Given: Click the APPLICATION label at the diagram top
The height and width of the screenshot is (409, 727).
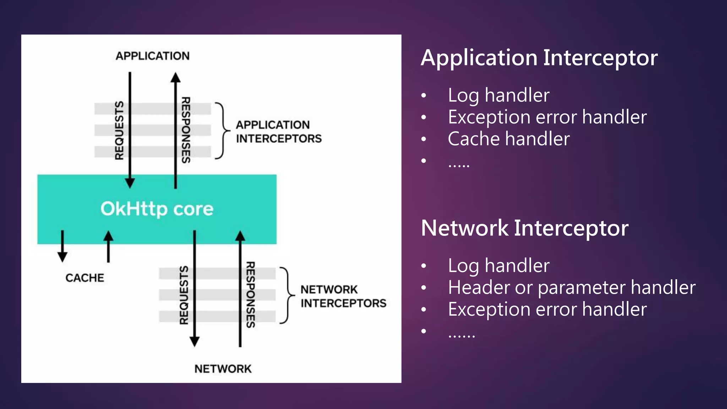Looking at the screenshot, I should coord(153,56).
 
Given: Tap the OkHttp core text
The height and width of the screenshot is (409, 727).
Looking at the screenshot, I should coord(157,209).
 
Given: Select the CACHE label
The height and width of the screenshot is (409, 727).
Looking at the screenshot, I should coord(85,278).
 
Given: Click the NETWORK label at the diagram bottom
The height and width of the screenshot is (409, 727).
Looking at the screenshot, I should coord(223,369).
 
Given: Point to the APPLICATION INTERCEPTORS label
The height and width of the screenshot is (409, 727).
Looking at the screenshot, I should coord(278,132).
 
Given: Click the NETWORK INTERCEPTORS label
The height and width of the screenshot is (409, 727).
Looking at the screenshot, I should coord(343,296).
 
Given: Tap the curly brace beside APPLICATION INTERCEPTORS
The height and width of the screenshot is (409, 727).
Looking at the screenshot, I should coord(222,131).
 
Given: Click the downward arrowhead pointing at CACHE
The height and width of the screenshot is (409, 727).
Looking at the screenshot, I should coord(62,257).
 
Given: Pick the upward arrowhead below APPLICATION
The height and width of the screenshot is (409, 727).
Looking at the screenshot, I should coord(175,77).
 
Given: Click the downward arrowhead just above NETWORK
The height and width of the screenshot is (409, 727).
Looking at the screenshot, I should coord(195,341).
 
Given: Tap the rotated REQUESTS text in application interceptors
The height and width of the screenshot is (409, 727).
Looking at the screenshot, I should coord(119,130).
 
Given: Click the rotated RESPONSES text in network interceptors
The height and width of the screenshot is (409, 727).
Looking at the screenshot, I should coord(251,295).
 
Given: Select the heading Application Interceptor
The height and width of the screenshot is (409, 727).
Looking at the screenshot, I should coord(539,58).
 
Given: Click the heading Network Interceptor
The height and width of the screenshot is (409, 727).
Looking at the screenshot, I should coord(524,228).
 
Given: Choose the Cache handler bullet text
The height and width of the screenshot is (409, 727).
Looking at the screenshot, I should coord(508,139).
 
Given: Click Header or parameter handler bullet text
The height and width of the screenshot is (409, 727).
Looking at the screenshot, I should coord(572,287).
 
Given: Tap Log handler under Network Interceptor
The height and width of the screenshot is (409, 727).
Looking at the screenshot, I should coord(498,266).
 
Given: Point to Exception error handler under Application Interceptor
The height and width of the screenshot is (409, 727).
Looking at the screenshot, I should coord(547,117).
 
